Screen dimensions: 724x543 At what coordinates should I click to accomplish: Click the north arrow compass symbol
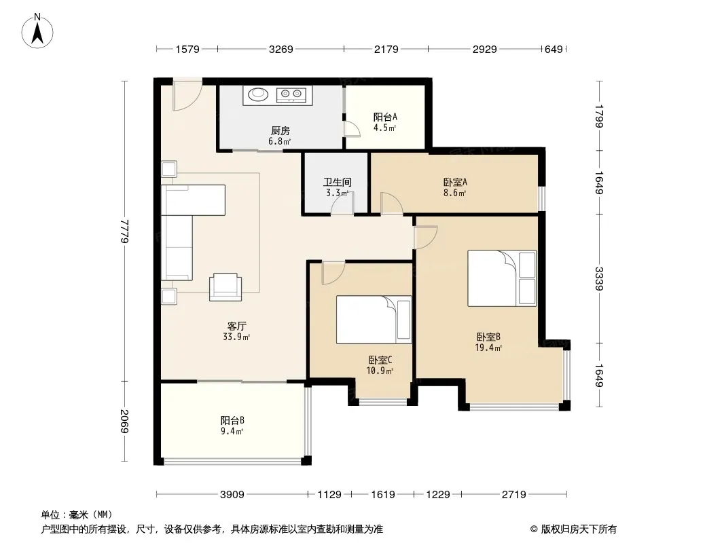(37, 31)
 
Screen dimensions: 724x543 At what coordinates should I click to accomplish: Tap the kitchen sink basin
(258, 94)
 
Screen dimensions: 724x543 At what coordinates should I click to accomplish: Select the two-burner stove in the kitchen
(291, 95)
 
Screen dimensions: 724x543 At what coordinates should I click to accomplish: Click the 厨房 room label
(280, 131)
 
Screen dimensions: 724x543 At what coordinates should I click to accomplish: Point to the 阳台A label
(385, 117)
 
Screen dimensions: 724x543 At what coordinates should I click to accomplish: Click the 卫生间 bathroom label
(337, 182)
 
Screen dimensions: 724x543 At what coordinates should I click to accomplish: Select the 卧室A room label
(455, 182)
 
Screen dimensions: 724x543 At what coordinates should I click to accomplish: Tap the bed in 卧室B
(502, 278)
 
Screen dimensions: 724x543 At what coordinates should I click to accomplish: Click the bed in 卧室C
(374, 320)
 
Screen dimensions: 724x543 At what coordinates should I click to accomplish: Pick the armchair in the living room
(225, 287)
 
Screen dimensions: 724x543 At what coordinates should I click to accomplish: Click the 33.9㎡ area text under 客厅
(236, 337)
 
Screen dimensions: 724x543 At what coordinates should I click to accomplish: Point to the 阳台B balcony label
(232, 420)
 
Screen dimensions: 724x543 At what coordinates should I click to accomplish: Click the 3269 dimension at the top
(280, 49)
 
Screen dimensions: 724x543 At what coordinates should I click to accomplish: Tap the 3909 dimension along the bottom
(232, 495)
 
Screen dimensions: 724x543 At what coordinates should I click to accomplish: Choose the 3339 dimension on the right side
(599, 279)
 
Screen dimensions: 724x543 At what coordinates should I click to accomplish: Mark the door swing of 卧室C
(333, 273)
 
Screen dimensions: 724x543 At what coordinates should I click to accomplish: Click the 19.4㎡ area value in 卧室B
(488, 348)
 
